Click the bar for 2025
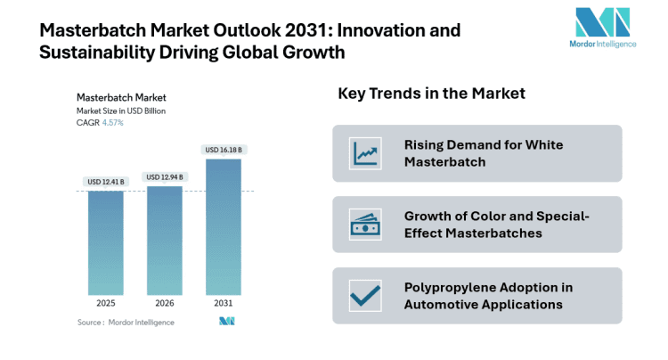pyautogui.click(x=106, y=242)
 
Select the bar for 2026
pyautogui.click(x=165, y=240)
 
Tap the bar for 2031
pyautogui.click(x=224, y=226)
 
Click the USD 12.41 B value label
pyautogui.click(x=106, y=182)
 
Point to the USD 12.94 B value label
pyautogui.click(x=165, y=176)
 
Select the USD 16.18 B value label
pyautogui.click(x=224, y=150)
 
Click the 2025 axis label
pyautogui.click(x=106, y=303)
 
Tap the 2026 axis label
pyautogui.click(x=165, y=303)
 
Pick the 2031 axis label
pyautogui.click(x=224, y=303)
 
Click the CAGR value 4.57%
pyautogui.click(x=111, y=123)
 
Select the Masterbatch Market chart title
pyautogui.click(x=121, y=97)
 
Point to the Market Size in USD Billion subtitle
pyautogui.click(x=121, y=110)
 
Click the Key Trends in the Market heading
pyautogui.click(x=431, y=94)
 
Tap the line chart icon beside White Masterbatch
pyautogui.click(x=365, y=153)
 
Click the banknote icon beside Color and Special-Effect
pyautogui.click(x=365, y=225)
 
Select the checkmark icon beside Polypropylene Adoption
pyautogui.click(x=365, y=295)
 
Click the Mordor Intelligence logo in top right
pyautogui.click(x=602, y=29)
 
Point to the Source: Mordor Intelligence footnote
pyautogui.click(x=126, y=322)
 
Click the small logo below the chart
pyautogui.click(x=227, y=322)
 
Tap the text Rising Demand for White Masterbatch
pyautogui.click(x=484, y=153)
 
